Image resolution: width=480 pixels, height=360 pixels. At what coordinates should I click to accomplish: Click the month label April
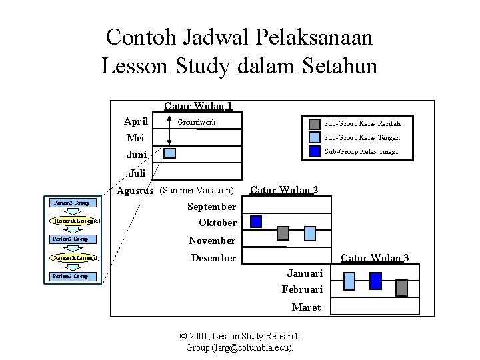point(136,121)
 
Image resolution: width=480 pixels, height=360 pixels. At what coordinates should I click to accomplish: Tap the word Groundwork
point(196,123)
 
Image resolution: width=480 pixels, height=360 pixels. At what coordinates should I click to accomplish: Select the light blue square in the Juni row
point(170,153)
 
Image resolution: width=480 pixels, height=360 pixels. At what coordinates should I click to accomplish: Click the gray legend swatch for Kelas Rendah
point(314,123)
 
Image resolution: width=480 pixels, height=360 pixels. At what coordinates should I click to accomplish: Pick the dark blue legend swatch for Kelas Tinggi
point(314,151)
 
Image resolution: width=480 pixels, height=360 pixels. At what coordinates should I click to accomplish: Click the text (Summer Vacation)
point(197,191)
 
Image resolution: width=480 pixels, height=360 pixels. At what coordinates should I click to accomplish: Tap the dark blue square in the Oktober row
point(256,221)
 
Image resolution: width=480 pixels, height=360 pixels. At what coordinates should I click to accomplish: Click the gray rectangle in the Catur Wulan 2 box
point(283,233)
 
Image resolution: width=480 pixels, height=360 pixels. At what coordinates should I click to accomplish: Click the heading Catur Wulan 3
point(375,258)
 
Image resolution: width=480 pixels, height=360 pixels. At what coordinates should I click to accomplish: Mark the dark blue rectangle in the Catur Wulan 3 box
point(375,281)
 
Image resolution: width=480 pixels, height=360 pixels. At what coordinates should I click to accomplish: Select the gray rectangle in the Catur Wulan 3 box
point(401,287)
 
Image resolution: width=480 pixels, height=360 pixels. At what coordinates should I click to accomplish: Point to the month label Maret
point(307,307)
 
